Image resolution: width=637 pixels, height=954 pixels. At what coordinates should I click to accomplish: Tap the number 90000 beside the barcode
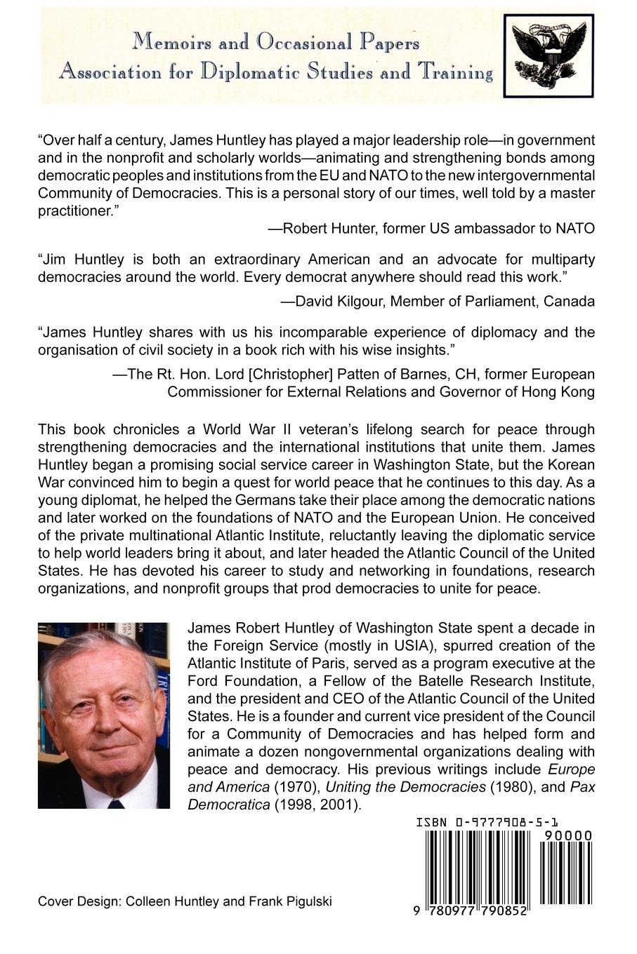coord(566,835)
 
